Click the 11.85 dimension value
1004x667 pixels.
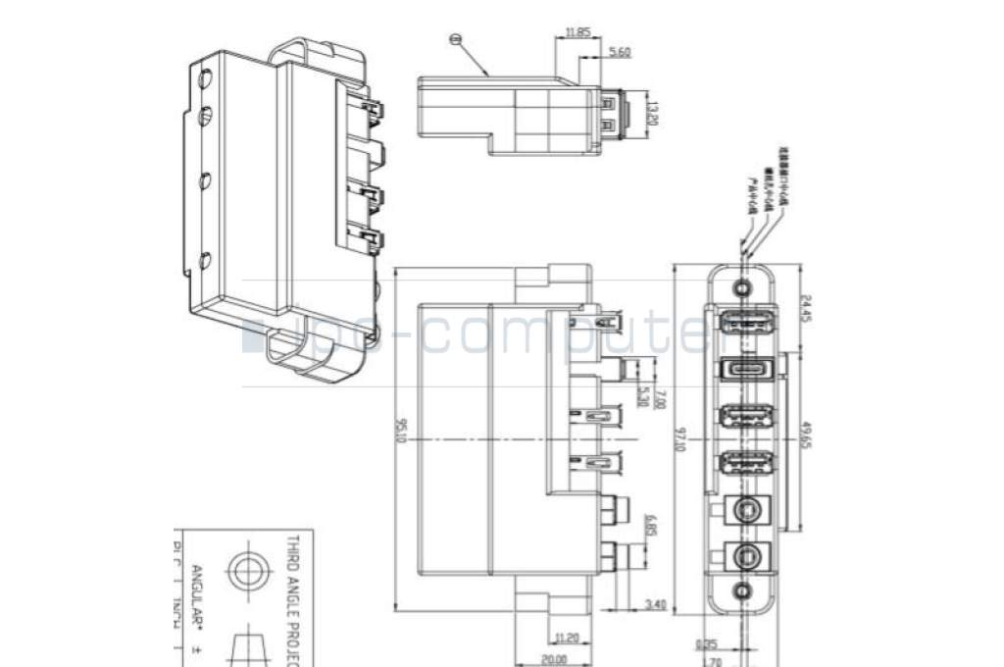(x=577, y=32)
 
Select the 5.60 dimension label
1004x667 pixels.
(x=619, y=52)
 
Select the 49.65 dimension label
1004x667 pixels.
(x=804, y=433)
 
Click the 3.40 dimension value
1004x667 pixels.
(x=655, y=605)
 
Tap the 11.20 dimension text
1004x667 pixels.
(x=566, y=637)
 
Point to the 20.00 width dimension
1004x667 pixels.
(x=555, y=658)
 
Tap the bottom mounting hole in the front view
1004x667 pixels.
(x=743, y=590)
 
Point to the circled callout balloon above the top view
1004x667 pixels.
(x=454, y=40)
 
